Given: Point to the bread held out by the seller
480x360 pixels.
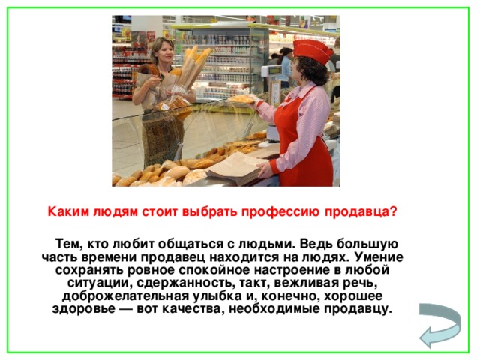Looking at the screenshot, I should pos(241,97).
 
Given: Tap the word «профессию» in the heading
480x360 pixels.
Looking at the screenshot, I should pos(291,211).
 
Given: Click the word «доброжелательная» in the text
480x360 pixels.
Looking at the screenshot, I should pos(109,295).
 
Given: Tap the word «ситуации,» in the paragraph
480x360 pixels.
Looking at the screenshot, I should pos(97,283).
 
